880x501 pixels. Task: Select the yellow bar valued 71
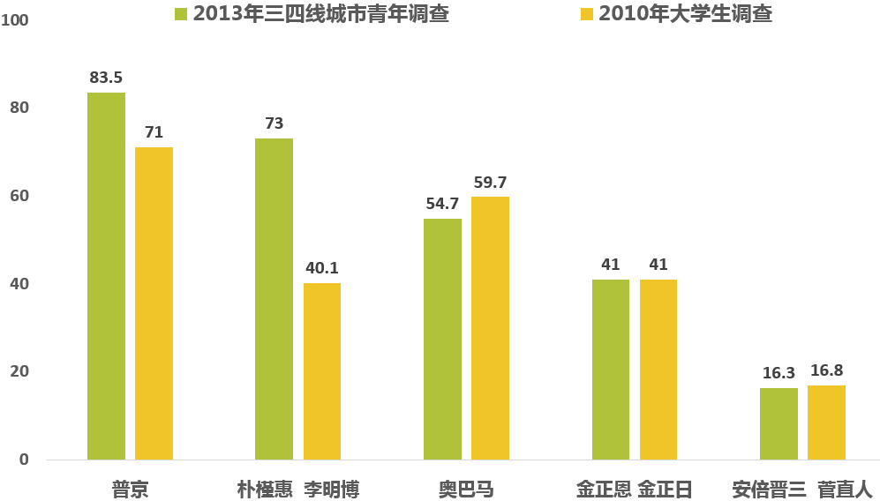click(x=154, y=303)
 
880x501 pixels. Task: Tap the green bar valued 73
click(x=274, y=299)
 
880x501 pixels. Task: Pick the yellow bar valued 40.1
click(x=321, y=371)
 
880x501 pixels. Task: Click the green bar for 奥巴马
click(x=442, y=339)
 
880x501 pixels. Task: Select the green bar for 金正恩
click(x=610, y=370)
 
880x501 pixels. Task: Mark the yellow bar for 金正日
click(x=658, y=370)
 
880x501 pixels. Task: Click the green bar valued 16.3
click(x=778, y=423)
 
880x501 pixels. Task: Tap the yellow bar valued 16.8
click(x=826, y=422)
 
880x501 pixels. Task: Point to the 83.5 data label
click(x=106, y=78)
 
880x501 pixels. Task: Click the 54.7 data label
click(x=442, y=204)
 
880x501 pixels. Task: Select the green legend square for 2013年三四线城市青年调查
click(x=182, y=14)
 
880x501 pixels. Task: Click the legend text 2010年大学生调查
click(x=685, y=14)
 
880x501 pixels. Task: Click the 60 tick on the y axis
click(x=19, y=196)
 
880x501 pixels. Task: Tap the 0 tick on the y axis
click(x=24, y=460)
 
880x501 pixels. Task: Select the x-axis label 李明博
click(x=332, y=489)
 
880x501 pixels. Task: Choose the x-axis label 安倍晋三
click(x=769, y=489)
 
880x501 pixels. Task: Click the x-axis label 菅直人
click(x=844, y=489)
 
